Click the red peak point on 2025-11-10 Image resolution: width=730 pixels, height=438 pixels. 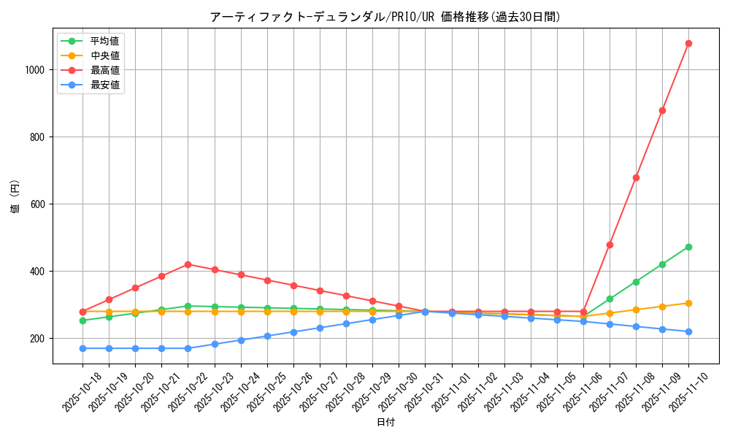tap(688, 43)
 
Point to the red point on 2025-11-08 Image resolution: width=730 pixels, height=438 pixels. tap(636, 177)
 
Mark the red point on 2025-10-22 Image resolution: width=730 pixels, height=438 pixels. tap(188, 264)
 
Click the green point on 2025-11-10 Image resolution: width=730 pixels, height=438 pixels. tap(688, 247)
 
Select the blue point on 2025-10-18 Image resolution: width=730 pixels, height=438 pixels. tap(82, 348)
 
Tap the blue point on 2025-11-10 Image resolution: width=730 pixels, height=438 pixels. tap(688, 331)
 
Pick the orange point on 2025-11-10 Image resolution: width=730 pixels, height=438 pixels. tap(688, 303)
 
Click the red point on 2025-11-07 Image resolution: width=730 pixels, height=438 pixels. tap(610, 245)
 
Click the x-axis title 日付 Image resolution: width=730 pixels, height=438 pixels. tap(385, 423)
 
